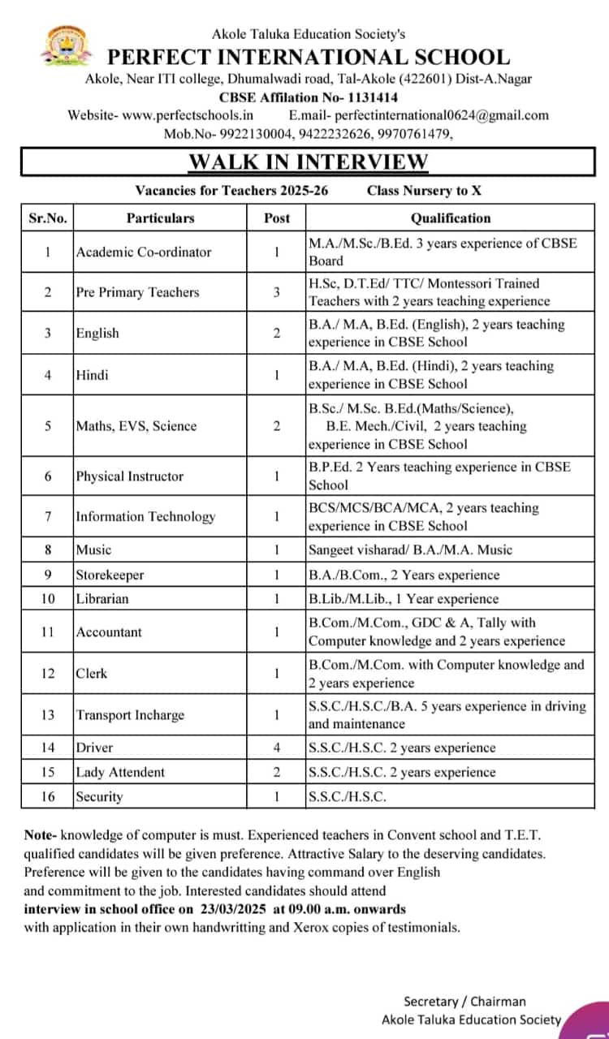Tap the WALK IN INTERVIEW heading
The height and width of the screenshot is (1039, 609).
(308, 162)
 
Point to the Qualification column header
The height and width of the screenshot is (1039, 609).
(451, 218)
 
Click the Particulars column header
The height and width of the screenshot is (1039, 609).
(160, 218)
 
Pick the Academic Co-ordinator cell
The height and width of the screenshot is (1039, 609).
(143, 252)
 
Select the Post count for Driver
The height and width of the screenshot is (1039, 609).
(276, 748)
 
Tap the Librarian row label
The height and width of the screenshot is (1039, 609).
(102, 599)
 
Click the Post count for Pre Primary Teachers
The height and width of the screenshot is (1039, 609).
(276, 292)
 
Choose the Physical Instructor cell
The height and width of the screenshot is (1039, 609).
(130, 476)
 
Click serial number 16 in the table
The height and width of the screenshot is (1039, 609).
(48, 796)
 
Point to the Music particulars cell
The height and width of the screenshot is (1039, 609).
(93, 550)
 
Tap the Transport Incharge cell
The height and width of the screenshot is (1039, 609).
(130, 715)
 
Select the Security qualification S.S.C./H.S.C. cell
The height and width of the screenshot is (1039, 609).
(348, 796)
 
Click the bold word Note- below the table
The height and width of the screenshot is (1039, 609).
(41, 834)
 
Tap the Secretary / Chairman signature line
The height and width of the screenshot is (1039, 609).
(465, 1002)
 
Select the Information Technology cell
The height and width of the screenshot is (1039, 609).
(145, 516)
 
